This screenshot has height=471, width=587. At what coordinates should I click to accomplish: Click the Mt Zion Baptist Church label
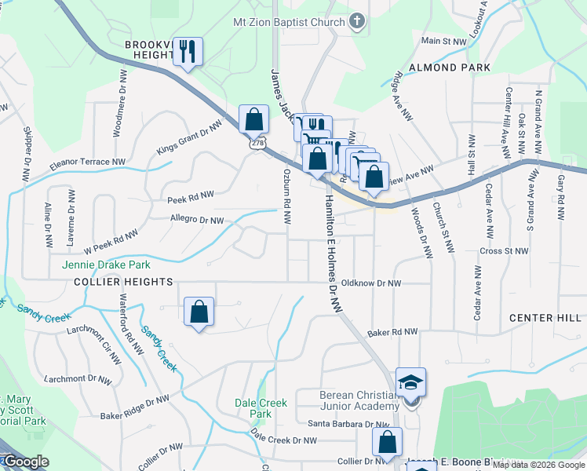288,22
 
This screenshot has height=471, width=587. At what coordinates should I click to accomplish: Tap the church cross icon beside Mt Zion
357,21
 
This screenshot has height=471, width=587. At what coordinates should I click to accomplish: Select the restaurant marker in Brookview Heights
188,53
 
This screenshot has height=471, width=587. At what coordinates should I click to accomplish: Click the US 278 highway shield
257,144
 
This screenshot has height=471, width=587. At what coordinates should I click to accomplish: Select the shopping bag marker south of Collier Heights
199,312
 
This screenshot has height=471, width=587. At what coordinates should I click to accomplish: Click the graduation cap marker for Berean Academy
410,382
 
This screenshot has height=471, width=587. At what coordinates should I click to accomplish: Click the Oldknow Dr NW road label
371,283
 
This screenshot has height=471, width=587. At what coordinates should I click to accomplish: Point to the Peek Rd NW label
191,196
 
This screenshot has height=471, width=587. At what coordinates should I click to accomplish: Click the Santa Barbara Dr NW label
348,424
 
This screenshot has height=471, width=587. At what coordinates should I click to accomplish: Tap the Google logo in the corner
25,462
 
